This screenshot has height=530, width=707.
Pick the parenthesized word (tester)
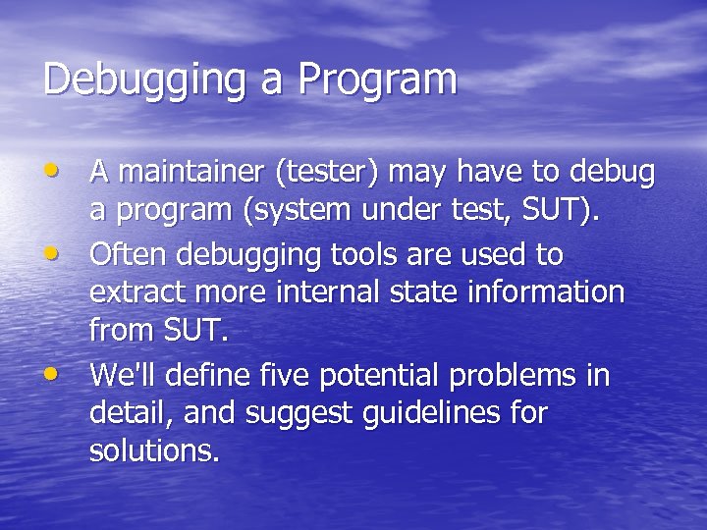click(328, 173)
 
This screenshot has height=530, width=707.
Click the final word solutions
click(154, 450)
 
